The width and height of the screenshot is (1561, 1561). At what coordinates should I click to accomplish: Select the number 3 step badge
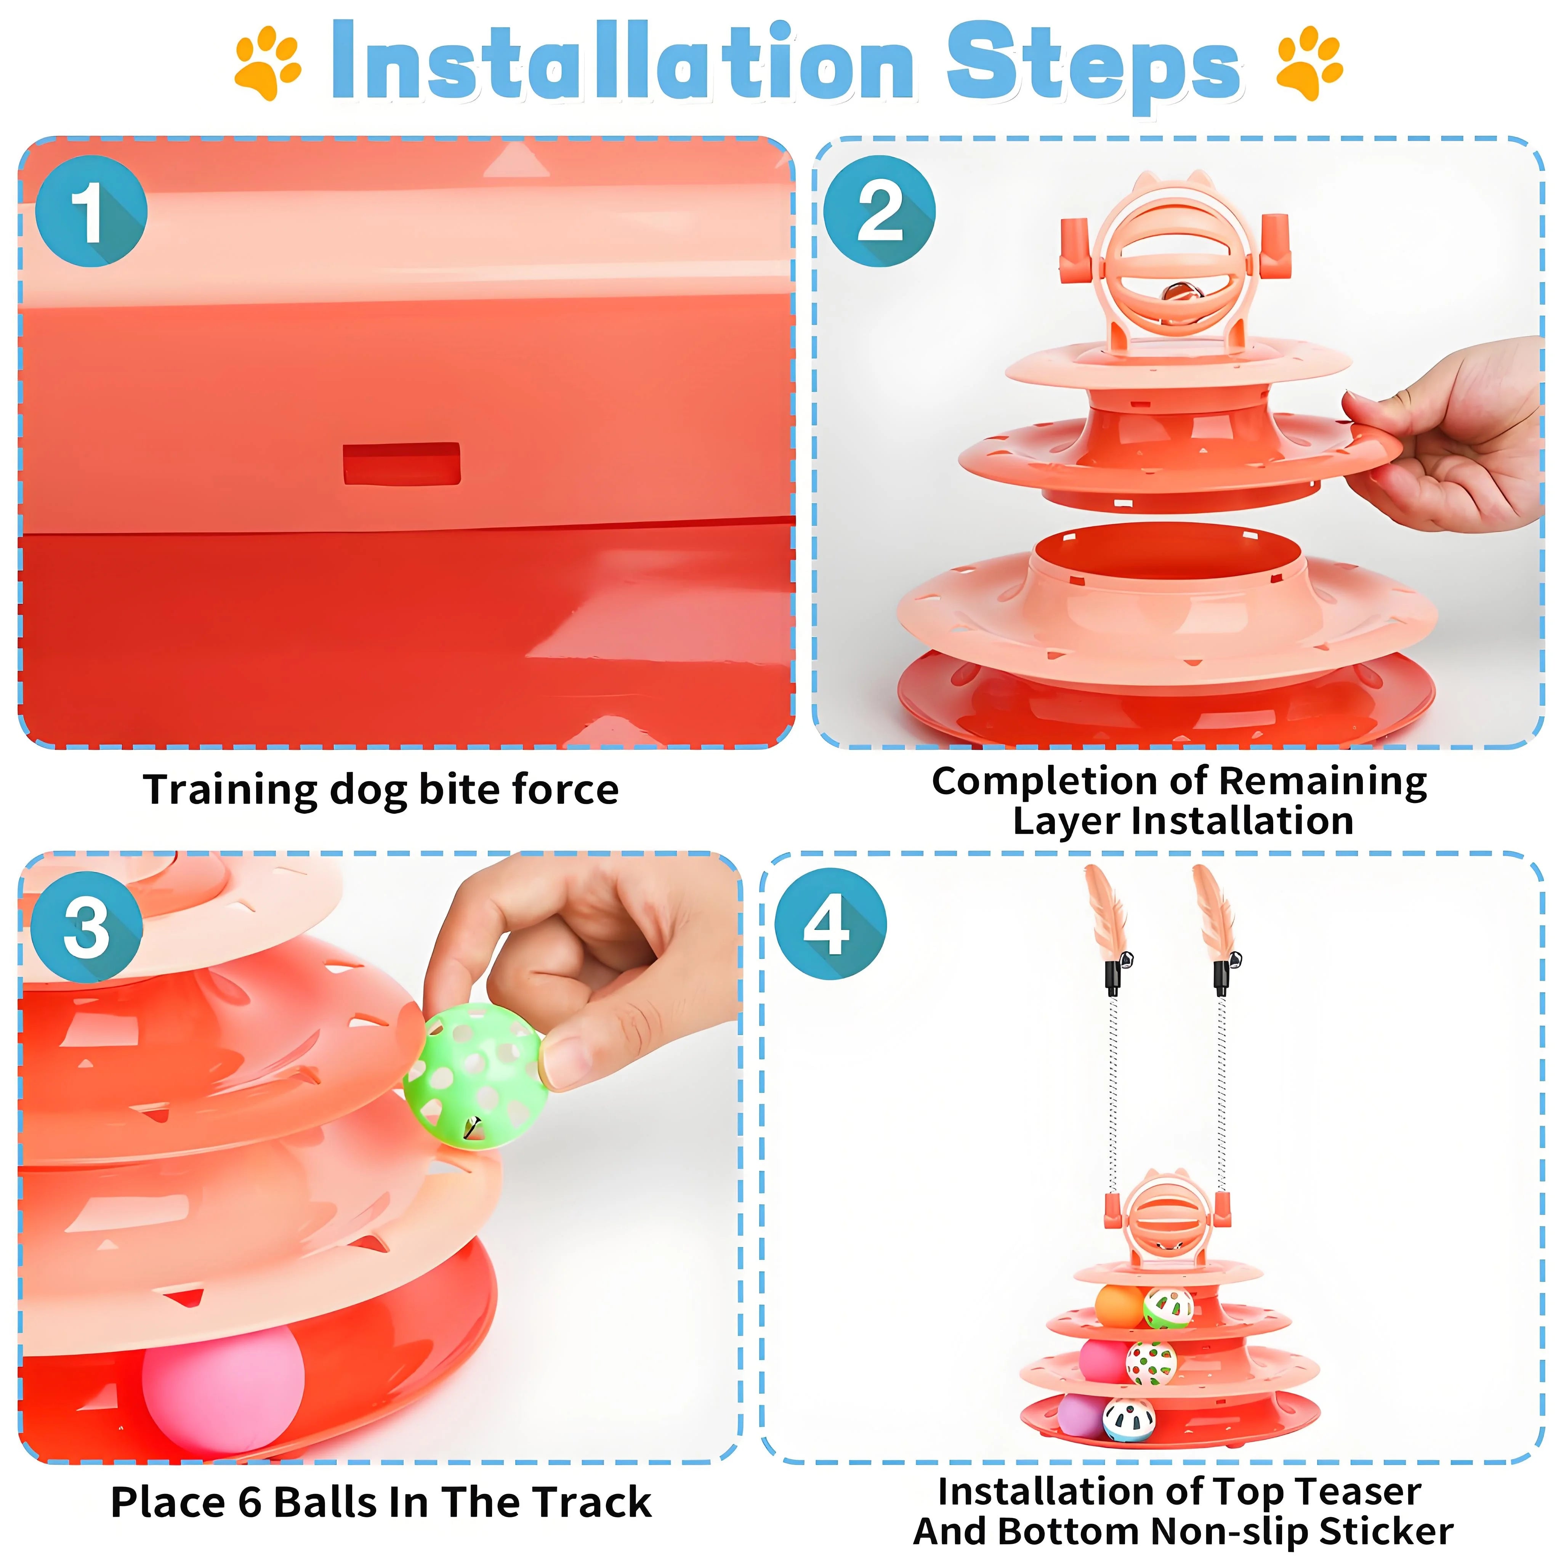(87, 926)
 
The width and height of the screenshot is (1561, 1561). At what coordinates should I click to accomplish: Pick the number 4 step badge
(830, 923)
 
